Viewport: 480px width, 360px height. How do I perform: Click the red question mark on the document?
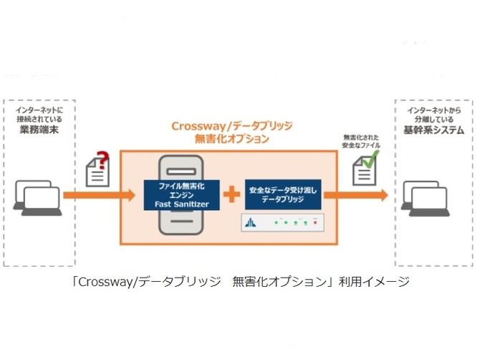pyautogui.click(x=103, y=160)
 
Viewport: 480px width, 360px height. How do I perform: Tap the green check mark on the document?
pyautogui.click(x=370, y=158)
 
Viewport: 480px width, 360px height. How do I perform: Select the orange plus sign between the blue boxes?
pyautogui.click(x=231, y=194)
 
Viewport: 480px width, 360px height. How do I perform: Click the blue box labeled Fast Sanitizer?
pyautogui.click(x=181, y=195)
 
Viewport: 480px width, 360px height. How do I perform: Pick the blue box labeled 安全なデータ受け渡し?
pyautogui.click(x=283, y=194)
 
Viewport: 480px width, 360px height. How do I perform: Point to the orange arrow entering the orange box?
pyautogui.click(x=99, y=195)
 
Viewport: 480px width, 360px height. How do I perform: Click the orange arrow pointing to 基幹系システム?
pyautogui.click(x=356, y=195)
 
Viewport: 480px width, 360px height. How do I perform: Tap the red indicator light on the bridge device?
pyautogui.click(x=315, y=223)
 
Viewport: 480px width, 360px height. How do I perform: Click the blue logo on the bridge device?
pyautogui.click(x=251, y=222)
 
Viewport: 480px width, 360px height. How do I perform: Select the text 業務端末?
pyautogui.click(x=39, y=130)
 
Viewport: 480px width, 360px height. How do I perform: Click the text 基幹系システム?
pyautogui.click(x=433, y=131)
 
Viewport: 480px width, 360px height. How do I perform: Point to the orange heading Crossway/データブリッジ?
pyautogui.click(x=231, y=126)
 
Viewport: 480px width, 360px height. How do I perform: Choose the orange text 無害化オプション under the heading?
pyautogui.click(x=231, y=139)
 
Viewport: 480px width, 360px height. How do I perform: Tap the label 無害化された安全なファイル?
pyautogui.click(x=361, y=141)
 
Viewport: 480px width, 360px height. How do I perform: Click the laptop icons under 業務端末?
pyautogui.click(x=37, y=198)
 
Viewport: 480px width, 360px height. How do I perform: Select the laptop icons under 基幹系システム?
pyautogui.click(x=426, y=199)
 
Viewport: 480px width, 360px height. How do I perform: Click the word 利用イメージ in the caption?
pyautogui.click(x=374, y=282)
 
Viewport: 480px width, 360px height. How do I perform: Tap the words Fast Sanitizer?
pyautogui.click(x=181, y=204)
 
